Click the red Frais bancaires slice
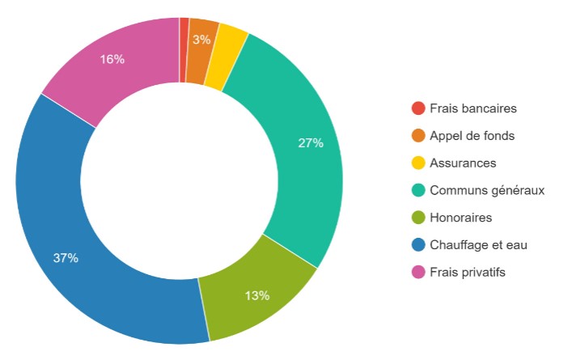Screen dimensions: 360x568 click(x=184, y=49)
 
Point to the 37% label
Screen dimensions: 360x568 click(x=66, y=258)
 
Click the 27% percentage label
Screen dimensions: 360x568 click(x=311, y=143)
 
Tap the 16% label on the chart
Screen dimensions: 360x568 click(x=112, y=59)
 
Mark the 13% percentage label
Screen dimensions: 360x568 click(x=256, y=295)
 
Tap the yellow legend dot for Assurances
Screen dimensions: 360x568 click(x=418, y=163)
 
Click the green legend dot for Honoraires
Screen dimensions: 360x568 click(x=418, y=218)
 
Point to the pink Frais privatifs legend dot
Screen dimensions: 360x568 click(x=418, y=272)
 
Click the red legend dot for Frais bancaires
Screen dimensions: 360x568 click(x=418, y=108)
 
